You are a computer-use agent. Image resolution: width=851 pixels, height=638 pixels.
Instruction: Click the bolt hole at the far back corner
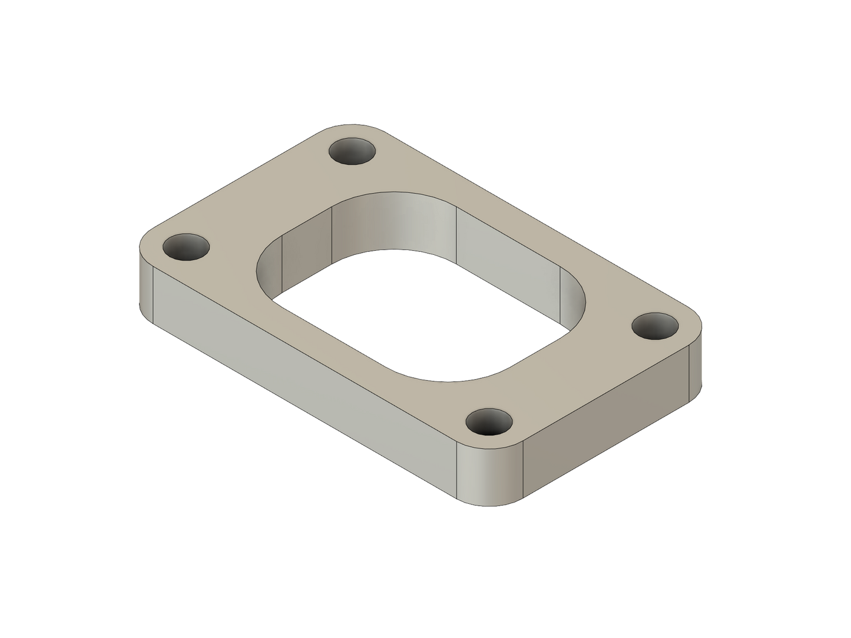(353, 152)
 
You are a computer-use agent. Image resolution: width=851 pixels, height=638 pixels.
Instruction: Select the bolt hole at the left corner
(186, 248)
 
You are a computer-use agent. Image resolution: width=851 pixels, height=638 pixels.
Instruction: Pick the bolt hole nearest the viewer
(490, 423)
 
